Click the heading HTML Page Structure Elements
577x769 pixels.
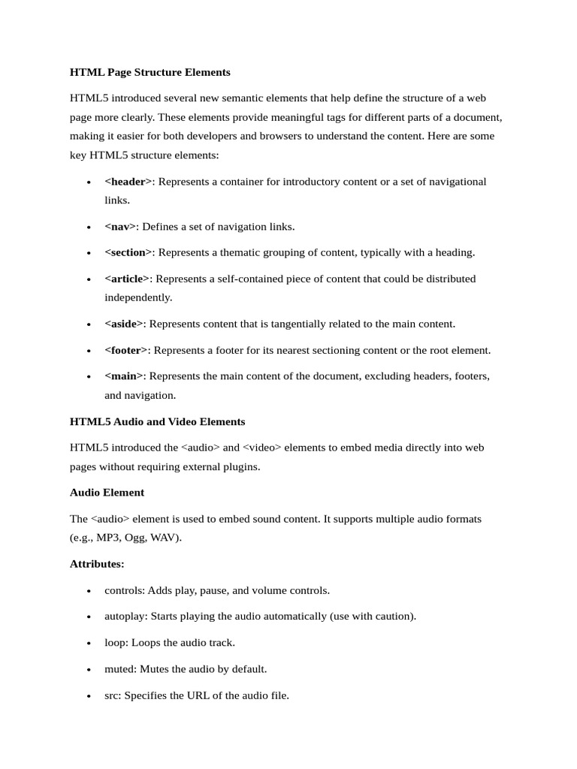point(150,73)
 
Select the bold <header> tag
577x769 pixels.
point(128,182)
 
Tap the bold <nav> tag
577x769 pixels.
point(120,227)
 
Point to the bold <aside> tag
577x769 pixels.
point(124,324)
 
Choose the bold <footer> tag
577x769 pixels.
point(126,350)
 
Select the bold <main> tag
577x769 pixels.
point(125,375)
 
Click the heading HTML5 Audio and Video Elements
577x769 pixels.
point(157,421)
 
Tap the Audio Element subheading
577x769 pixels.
point(107,493)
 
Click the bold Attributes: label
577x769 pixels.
point(97,563)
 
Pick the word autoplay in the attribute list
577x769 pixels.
point(125,617)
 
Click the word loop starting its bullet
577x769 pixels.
point(115,643)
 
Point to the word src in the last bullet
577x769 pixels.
point(112,695)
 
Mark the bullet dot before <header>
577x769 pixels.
point(89,182)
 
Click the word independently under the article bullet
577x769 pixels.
point(138,297)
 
